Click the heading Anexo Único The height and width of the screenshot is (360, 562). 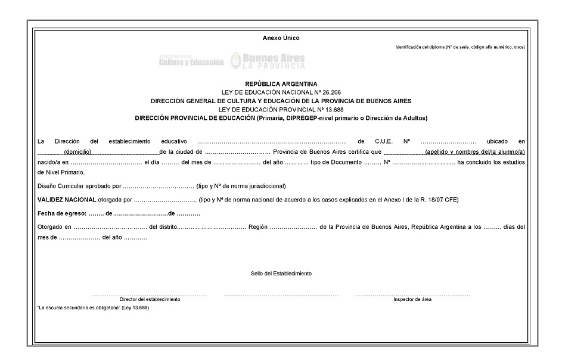point(281,38)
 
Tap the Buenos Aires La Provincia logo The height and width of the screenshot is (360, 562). point(268,60)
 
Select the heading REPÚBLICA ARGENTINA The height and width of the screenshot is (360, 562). point(281,84)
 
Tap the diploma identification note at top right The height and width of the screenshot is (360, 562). point(460,47)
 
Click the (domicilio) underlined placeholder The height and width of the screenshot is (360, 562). point(78,153)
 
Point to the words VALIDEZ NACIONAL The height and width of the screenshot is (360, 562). point(67,200)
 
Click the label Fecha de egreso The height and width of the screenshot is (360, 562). point(62,213)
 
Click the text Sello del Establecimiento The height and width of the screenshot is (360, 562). point(281,274)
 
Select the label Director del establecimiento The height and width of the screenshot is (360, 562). point(150,300)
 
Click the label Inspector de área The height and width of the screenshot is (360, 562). point(412,300)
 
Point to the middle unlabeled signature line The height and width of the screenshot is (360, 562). point(281,295)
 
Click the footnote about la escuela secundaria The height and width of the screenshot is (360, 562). point(93,308)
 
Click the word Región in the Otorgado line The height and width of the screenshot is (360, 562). point(257,227)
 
